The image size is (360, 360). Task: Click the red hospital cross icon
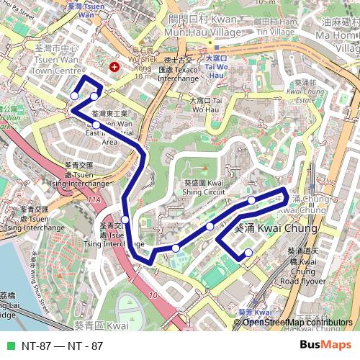114,67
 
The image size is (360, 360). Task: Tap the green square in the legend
9,346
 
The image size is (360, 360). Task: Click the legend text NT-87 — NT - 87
62,346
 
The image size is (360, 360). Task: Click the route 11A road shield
94,198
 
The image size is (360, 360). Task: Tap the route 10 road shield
153,294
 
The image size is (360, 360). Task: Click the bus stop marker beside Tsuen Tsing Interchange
125,220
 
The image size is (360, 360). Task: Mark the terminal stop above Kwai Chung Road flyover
248,252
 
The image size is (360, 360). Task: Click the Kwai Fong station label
253,312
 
